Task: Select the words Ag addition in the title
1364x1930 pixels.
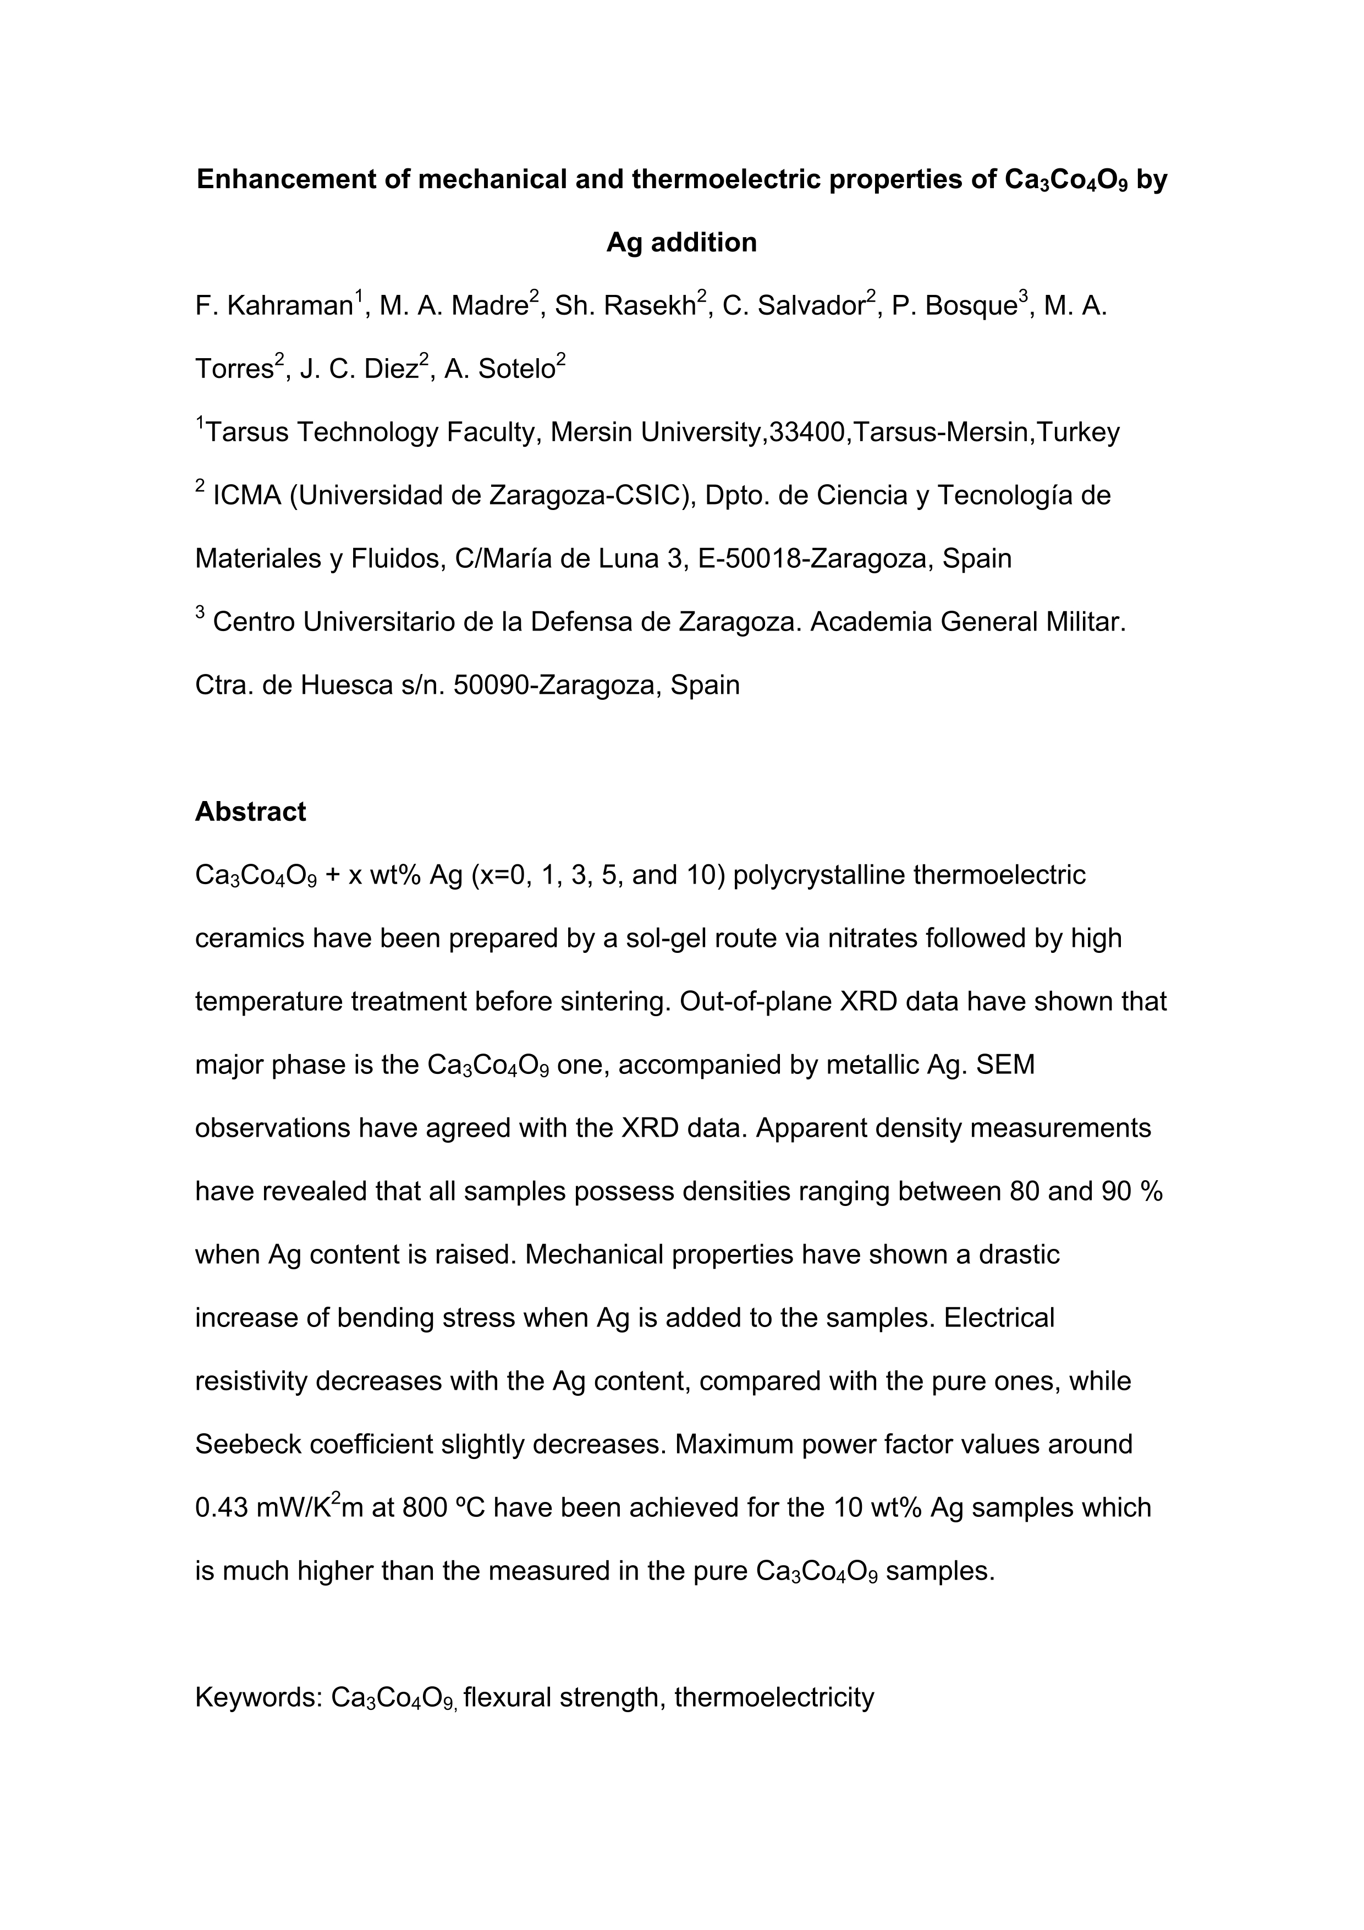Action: (681, 243)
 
